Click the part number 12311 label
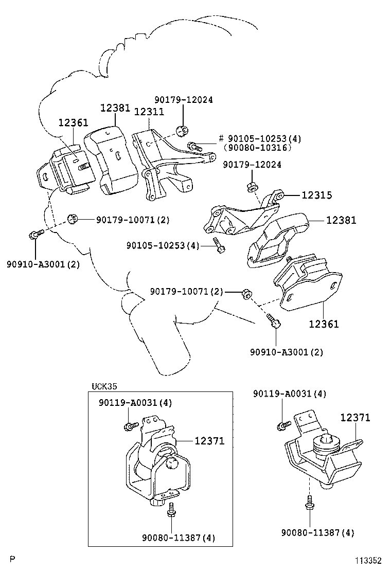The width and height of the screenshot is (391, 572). (x=149, y=111)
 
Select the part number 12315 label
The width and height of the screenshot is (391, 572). (x=316, y=195)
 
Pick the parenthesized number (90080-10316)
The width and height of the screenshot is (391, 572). (x=257, y=148)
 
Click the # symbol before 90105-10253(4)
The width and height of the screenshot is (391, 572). (x=221, y=138)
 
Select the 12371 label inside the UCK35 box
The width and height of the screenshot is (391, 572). (x=209, y=441)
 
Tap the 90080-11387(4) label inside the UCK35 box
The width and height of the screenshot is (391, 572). (x=179, y=538)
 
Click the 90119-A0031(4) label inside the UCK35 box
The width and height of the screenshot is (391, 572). (x=136, y=402)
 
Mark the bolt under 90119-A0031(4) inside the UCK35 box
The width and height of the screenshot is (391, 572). (x=129, y=426)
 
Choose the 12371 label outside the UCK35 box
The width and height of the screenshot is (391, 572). (x=354, y=418)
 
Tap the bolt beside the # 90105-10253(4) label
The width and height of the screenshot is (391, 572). (x=194, y=146)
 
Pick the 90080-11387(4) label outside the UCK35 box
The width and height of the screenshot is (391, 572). (x=317, y=532)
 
